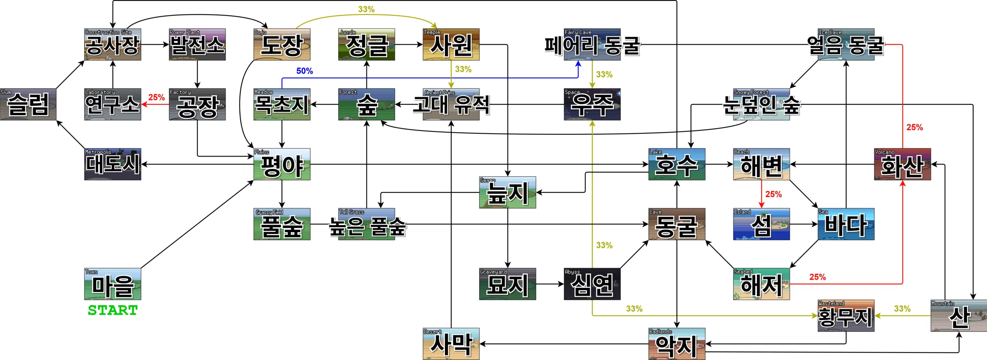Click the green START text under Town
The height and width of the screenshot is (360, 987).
pos(113,310)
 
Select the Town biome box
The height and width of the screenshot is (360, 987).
pos(113,284)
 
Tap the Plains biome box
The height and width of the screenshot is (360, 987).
pos(282,164)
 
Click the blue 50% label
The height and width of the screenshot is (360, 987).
pos(304,71)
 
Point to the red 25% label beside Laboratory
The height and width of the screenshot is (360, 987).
pos(157,98)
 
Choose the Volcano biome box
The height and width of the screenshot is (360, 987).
pos(902,164)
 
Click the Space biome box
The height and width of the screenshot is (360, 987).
pos(592,104)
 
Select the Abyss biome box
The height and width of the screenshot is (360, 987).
pos(592,284)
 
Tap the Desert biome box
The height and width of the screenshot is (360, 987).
pos(451,344)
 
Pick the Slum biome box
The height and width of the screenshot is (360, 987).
pos(28,104)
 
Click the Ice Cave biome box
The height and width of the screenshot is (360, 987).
pos(846,44)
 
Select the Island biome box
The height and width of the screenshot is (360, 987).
pos(761,224)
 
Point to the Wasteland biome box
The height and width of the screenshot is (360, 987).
pos(846,316)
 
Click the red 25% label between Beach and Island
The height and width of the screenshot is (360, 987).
pos(773,194)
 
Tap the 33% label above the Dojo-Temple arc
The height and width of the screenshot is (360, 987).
pos(366,9)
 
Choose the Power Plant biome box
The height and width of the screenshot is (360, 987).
pos(197,44)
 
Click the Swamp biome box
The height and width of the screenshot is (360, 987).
pos(507,192)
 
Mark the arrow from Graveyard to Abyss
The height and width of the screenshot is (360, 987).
pos(550,284)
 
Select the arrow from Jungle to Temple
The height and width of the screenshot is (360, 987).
pos(409,44)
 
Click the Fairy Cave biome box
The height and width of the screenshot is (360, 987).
pos(592,44)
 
